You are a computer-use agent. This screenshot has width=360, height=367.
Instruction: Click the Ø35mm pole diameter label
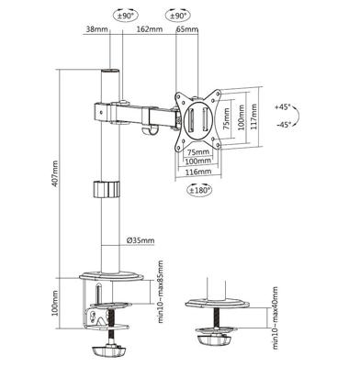[141, 241]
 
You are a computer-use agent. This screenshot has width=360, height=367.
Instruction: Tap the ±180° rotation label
[199, 190]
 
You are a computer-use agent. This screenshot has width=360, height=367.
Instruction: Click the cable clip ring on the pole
[108, 189]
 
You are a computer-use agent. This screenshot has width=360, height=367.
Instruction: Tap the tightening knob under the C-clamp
[109, 350]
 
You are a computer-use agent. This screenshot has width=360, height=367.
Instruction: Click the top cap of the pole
[109, 72]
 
